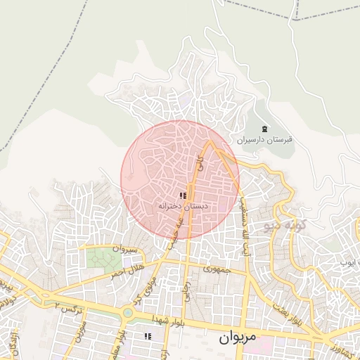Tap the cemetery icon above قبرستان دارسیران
264,129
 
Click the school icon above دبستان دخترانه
183,195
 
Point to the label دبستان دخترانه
183,207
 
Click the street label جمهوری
214,269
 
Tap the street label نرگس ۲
67,307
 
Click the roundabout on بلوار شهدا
128,313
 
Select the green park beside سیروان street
103,258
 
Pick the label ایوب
347,262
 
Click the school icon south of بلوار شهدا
148,337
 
